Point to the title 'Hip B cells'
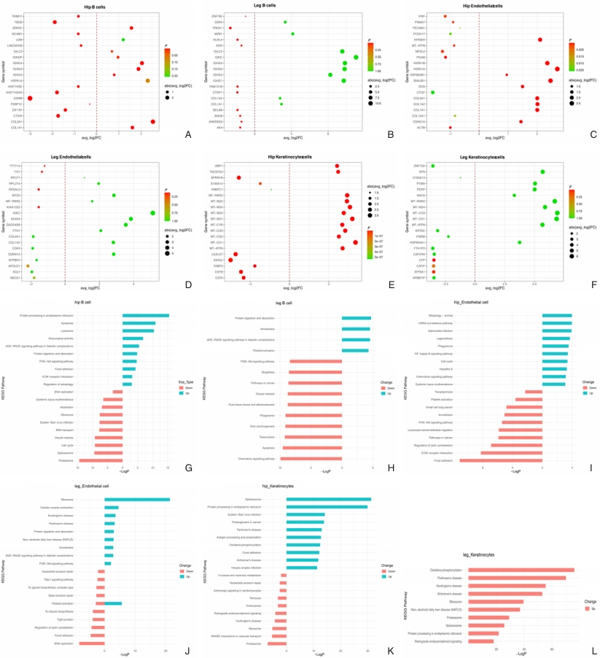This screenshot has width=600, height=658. pos(96,6)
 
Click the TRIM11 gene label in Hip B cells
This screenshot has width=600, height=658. pos(17,15)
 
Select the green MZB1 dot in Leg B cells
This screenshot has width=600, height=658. pos(292,34)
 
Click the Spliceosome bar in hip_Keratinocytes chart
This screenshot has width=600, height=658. pos(328,500)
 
